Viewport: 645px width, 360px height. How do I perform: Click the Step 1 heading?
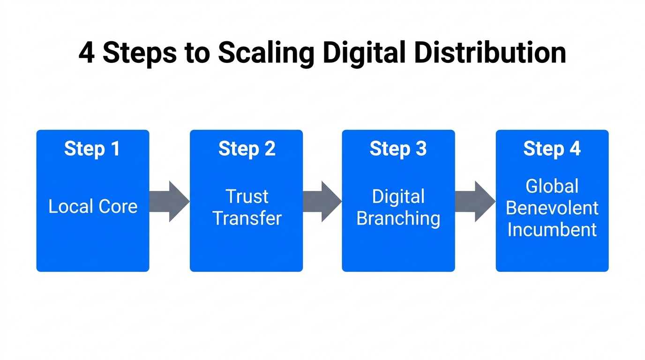pos(92,149)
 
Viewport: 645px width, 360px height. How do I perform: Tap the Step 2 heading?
pos(247,149)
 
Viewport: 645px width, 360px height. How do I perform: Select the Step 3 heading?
pos(398,149)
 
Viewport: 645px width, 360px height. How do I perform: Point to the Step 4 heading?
pos(552,149)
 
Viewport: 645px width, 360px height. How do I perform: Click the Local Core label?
pos(93,207)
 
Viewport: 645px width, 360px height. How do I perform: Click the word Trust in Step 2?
pos(247,196)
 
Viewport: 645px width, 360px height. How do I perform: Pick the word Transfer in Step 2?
pos(247,218)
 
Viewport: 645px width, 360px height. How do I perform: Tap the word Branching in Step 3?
pos(398,218)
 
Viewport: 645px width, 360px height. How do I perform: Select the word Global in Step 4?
pos(552,186)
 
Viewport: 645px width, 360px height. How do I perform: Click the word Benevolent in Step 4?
pos(552,208)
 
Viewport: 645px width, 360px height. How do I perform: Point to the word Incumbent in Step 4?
pos(552,230)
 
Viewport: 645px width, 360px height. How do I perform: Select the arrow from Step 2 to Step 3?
pos(322,201)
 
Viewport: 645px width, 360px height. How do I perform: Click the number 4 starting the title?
pos(86,53)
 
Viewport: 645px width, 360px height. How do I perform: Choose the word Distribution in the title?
pos(490,52)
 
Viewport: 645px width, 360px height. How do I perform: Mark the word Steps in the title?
pos(139,53)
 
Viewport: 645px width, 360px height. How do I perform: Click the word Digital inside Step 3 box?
pos(398,196)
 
